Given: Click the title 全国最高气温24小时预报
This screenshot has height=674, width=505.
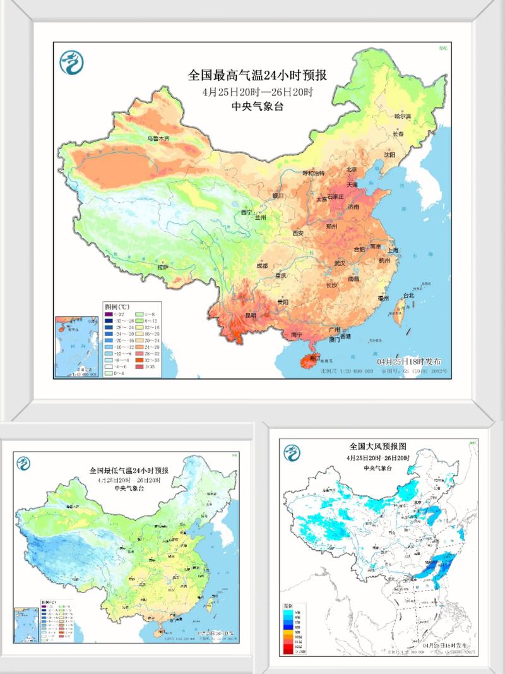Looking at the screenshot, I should point(257,75).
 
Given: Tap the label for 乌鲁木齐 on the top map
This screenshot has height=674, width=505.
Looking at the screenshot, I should point(158,138).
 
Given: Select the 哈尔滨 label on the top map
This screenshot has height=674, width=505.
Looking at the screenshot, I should point(402,116).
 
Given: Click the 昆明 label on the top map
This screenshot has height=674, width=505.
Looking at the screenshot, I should point(252,315).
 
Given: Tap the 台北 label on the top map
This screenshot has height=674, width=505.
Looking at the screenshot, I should point(408,295).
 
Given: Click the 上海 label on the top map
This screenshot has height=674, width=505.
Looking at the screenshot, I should point(392,250).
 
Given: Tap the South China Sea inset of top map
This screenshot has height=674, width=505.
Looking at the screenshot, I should point(77,346).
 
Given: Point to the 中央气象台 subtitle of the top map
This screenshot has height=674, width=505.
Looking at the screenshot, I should point(257,106).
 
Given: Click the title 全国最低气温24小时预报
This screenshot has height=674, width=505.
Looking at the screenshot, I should point(129,471).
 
